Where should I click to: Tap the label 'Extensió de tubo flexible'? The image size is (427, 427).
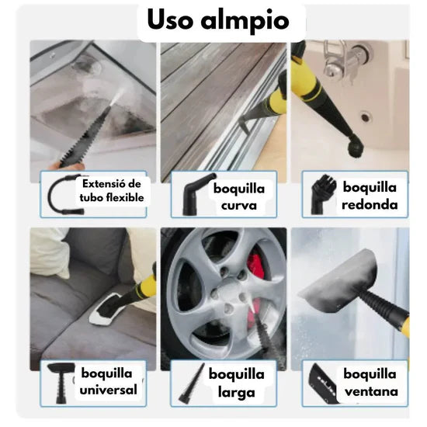pyautogui.click(x=111, y=189)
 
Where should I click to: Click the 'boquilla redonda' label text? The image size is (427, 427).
pyautogui.click(x=369, y=196)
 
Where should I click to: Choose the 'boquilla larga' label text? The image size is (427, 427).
pyautogui.click(x=236, y=382)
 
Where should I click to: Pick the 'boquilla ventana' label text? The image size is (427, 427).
pyautogui.click(x=369, y=382)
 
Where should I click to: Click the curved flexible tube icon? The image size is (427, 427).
pyautogui.click(x=61, y=195)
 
